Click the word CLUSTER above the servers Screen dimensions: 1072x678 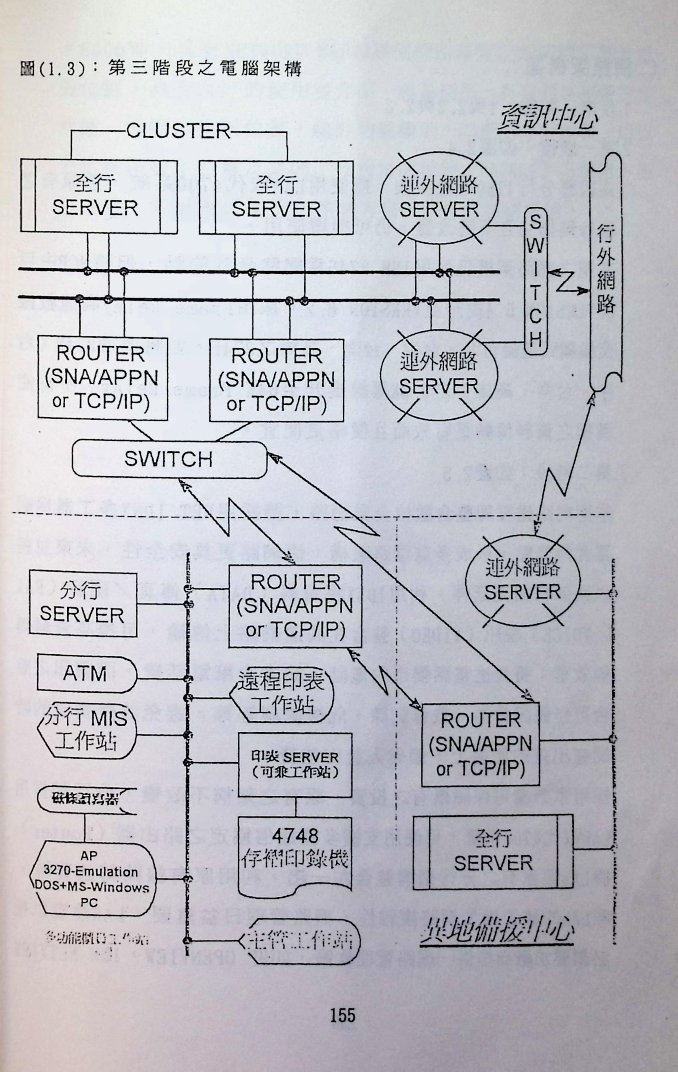click(x=178, y=131)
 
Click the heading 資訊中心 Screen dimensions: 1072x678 click(x=548, y=118)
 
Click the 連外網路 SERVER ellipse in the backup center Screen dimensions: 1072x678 click(x=522, y=580)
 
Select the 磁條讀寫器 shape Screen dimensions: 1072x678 click(x=85, y=799)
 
